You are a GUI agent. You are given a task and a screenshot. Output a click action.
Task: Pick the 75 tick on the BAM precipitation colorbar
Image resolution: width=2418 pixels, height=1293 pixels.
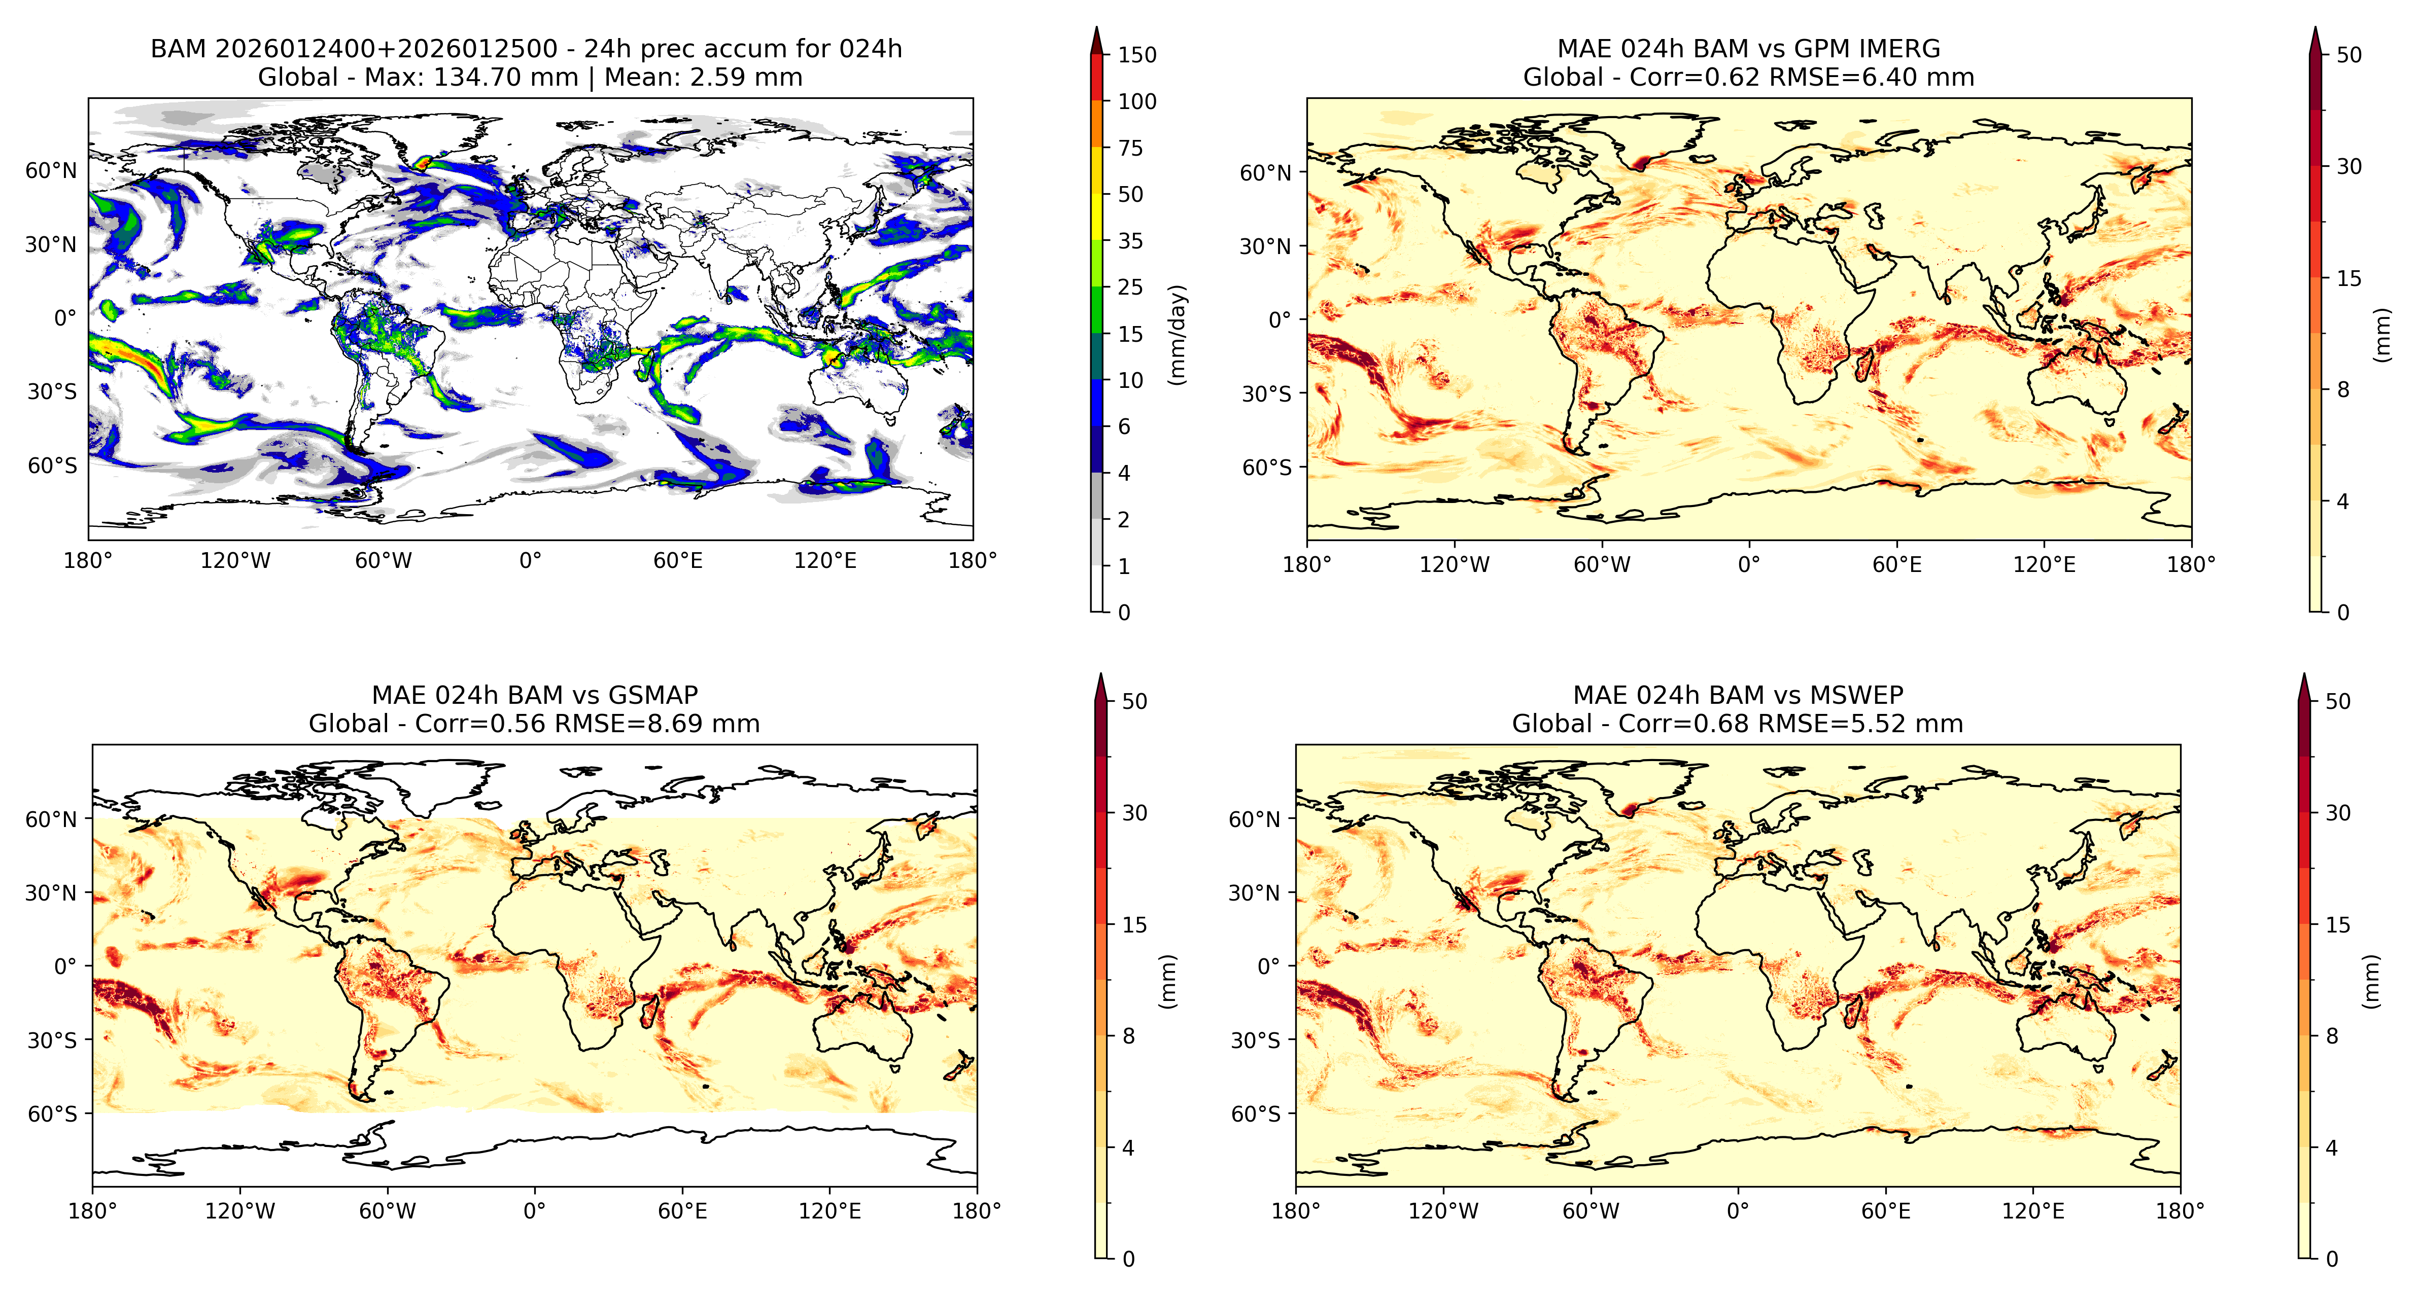click(x=1130, y=148)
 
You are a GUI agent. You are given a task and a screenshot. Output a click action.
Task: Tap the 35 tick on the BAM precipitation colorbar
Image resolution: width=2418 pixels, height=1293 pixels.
click(x=1130, y=241)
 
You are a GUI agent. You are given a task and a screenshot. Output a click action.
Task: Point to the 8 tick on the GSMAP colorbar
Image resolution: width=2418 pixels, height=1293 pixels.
click(x=1128, y=1036)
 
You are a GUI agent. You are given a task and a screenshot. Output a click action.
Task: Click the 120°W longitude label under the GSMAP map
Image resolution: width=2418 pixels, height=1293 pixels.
click(x=240, y=1211)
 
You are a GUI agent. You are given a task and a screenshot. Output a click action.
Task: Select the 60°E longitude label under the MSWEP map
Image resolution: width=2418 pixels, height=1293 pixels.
click(x=1886, y=1211)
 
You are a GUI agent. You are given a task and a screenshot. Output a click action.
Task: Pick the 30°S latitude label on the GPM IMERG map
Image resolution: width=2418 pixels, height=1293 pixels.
click(x=1268, y=394)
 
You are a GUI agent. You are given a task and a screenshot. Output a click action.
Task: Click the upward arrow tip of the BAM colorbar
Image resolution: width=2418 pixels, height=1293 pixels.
click(x=1096, y=27)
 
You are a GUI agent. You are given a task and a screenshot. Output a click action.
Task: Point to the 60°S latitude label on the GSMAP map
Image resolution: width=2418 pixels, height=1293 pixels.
click(x=53, y=1114)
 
